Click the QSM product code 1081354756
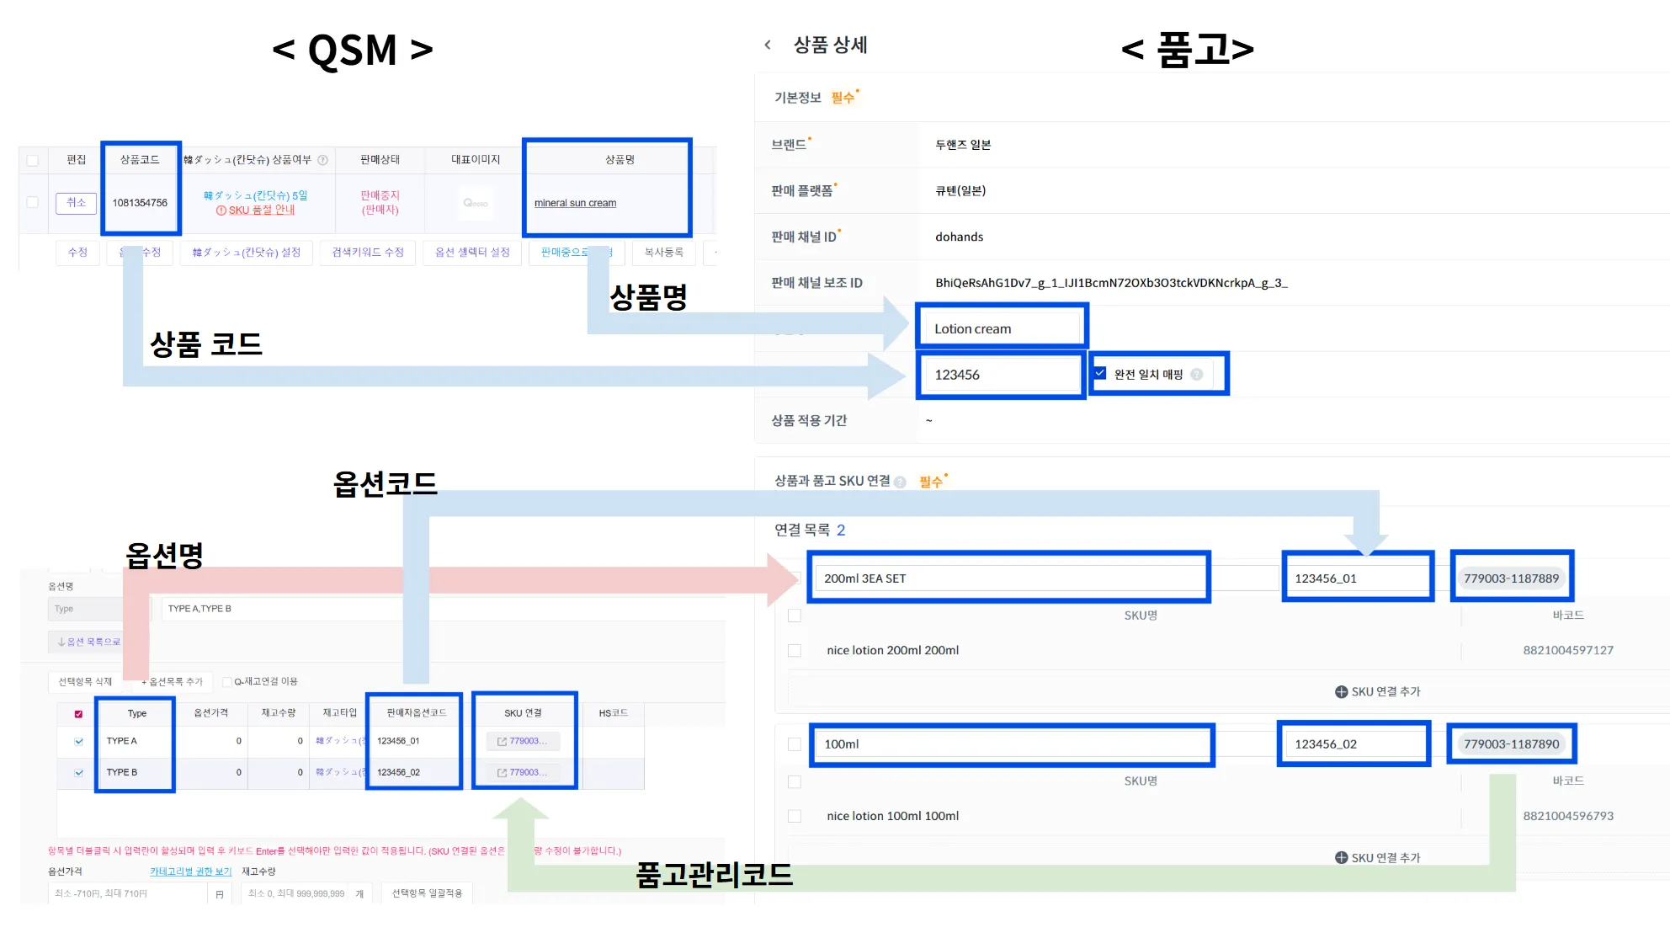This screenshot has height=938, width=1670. point(140,203)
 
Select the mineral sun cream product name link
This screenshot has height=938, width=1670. point(575,203)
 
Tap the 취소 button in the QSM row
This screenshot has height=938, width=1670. point(76,203)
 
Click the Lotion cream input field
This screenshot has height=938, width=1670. point(1001,328)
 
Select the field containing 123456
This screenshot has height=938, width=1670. point(999,375)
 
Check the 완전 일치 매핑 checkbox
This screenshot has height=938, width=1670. point(1100,373)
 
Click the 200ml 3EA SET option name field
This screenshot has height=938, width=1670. point(1008,578)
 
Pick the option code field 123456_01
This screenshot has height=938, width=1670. point(1357,578)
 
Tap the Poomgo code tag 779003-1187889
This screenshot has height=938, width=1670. point(1511,578)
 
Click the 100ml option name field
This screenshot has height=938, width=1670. point(1011,744)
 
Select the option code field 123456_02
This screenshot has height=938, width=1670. point(1354,744)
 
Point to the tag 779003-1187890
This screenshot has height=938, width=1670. point(1511,744)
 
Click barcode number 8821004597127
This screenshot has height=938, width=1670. point(1567,650)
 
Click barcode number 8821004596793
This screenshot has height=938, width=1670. point(1567,816)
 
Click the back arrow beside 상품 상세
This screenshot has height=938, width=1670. point(768,45)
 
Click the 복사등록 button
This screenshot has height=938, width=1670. point(663,252)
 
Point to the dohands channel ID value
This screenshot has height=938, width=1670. point(959,237)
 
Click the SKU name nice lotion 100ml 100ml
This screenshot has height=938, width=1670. point(892,816)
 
